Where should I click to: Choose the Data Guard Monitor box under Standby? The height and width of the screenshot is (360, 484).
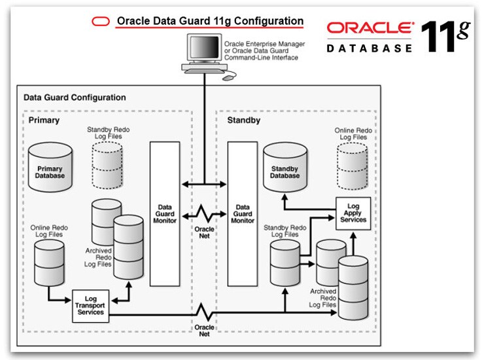[242, 213]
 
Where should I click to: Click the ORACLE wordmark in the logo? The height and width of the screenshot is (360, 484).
[370, 28]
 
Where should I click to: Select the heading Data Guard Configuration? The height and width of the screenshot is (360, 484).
[75, 98]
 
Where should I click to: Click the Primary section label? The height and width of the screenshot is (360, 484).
[44, 120]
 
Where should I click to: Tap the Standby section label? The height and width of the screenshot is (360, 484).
[243, 120]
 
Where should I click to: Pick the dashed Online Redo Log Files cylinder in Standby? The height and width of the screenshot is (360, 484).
[353, 165]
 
